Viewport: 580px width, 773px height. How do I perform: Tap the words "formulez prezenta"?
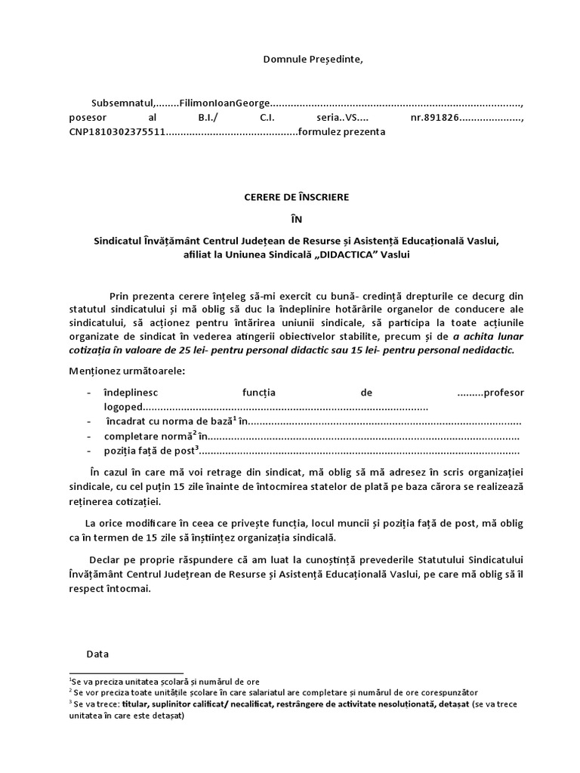pos(342,132)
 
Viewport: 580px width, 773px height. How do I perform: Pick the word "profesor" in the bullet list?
pos(503,393)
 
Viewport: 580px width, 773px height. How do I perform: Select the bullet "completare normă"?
pos(148,436)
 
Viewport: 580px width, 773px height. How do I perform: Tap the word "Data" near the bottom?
pos(98,654)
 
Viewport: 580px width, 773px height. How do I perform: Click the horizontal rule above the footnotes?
pos(126,673)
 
